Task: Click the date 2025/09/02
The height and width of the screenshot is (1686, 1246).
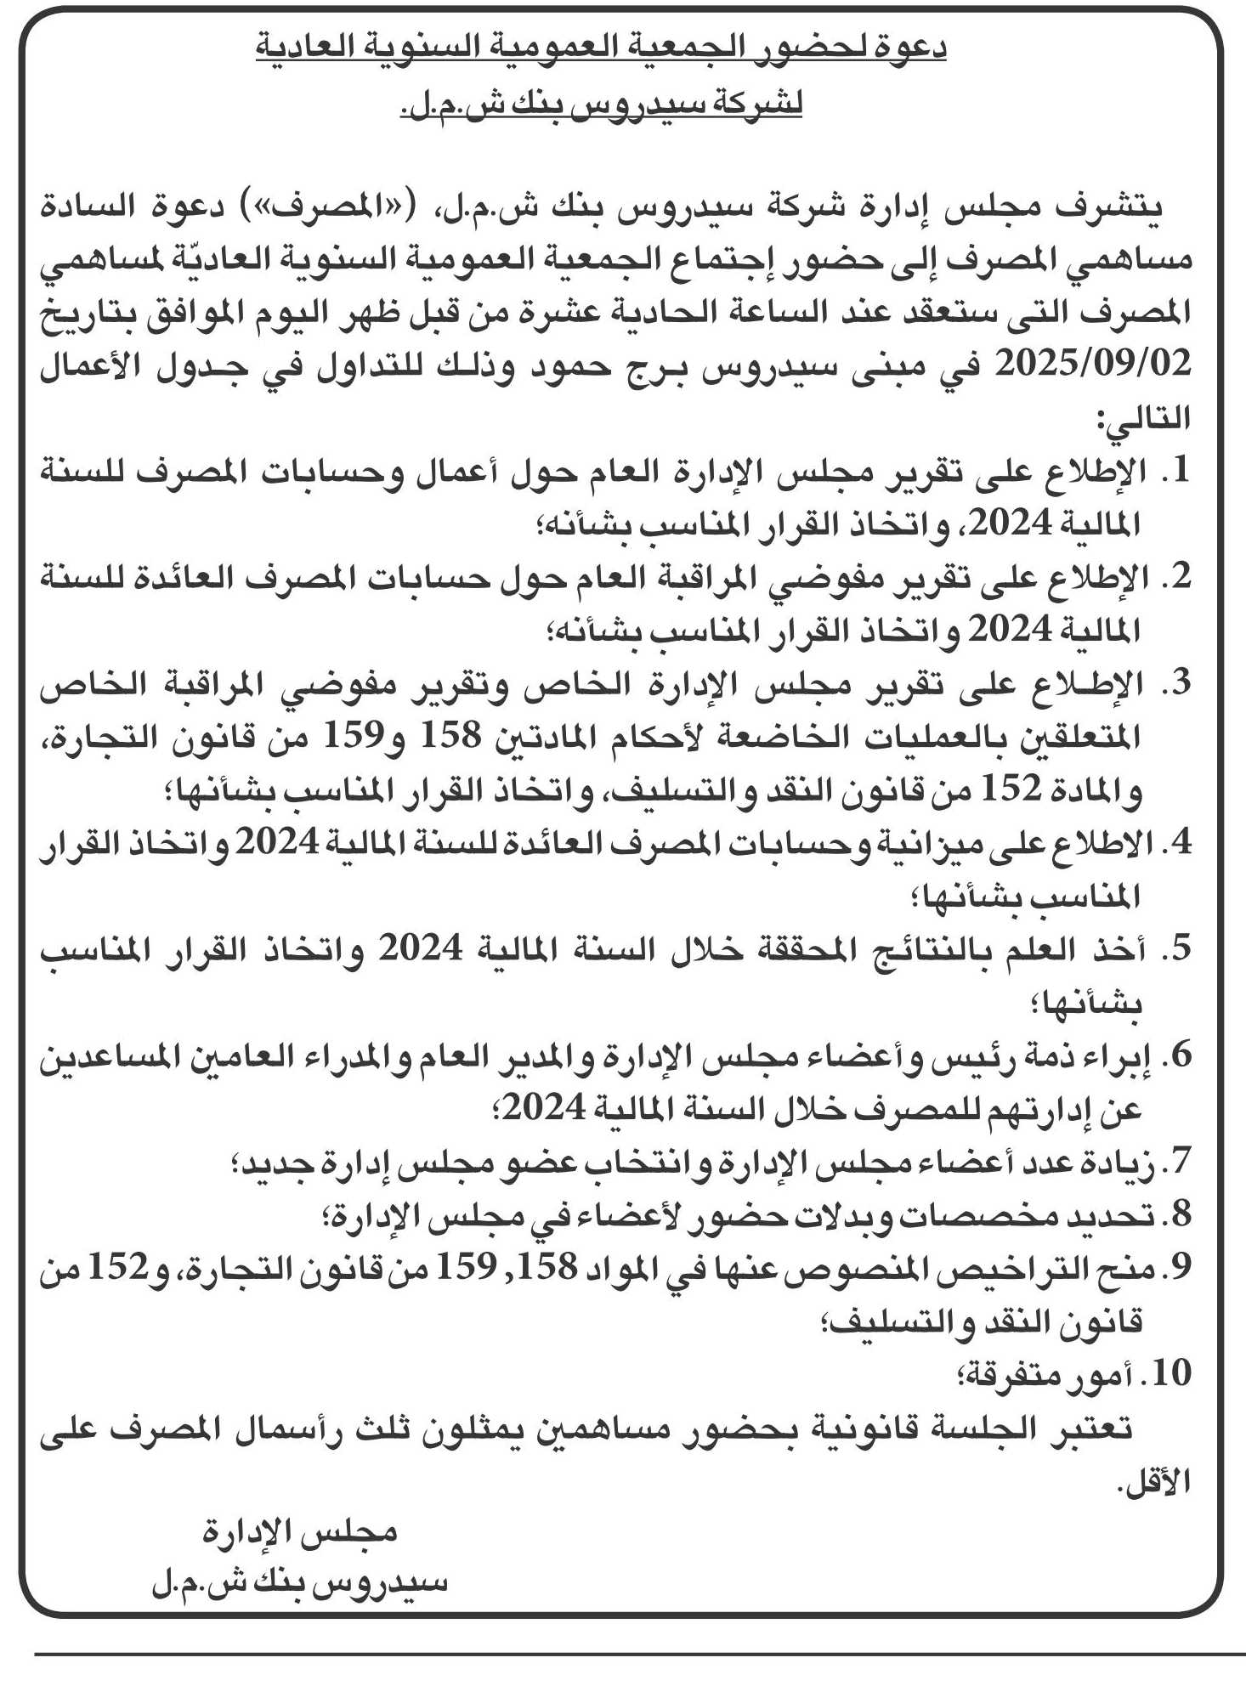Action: click(x=1092, y=365)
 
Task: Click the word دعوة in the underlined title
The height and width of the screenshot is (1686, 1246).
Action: click(x=909, y=48)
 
